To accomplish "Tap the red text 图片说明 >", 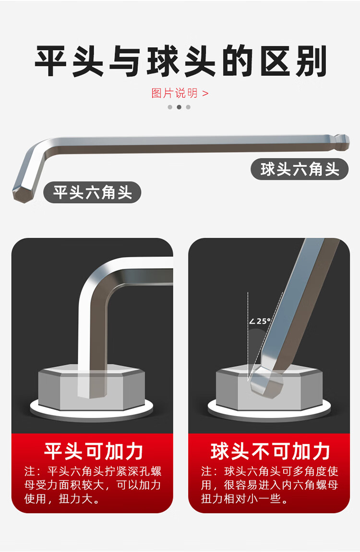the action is pyautogui.click(x=180, y=93).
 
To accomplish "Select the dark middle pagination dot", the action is pyautogui.click(x=179, y=107).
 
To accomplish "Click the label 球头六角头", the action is pyautogui.click(x=300, y=169).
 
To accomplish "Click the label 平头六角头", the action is pyautogui.click(x=92, y=192).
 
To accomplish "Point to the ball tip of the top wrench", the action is pyautogui.click(x=342, y=142).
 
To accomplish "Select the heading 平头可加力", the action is pyautogui.click(x=93, y=451).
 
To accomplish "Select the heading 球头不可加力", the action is pyautogui.click(x=270, y=451).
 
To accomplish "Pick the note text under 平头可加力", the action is pyautogui.click(x=93, y=485).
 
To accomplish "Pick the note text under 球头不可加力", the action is pyautogui.click(x=270, y=485).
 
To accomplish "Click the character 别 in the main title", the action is pyautogui.click(x=311, y=61).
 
